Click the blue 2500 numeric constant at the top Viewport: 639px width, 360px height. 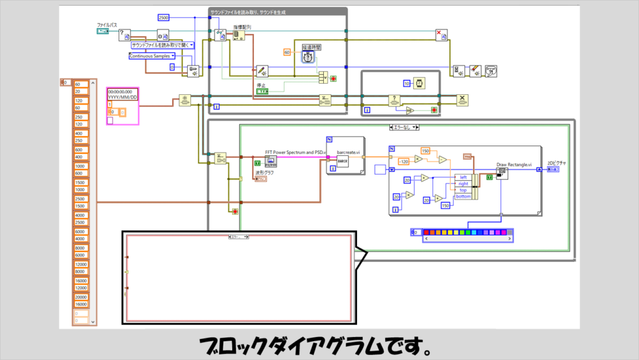[x=163, y=17]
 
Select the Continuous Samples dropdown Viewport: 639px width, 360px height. [x=152, y=56]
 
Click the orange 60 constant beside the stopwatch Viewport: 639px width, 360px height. [x=288, y=52]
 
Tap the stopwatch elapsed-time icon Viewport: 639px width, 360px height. [x=308, y=56]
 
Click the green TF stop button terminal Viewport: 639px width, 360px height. [x=262, y=92]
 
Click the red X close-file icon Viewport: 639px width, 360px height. [x=441, y=35]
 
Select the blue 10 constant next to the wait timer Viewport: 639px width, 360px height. [x=406, y=84]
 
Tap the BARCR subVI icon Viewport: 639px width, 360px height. [x=341, y=161]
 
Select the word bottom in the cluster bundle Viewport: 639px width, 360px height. [x=463, y=197]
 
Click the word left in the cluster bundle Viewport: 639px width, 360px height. [x=463, y=177]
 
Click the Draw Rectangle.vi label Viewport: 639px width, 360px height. [x=514, y=165]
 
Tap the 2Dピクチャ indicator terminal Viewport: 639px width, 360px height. [x=552, y=168]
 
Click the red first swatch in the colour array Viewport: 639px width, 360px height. [x=428, y=232]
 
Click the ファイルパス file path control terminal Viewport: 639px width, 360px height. [x=104, y=31]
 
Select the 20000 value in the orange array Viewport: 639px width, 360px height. [x=81, y=298]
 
